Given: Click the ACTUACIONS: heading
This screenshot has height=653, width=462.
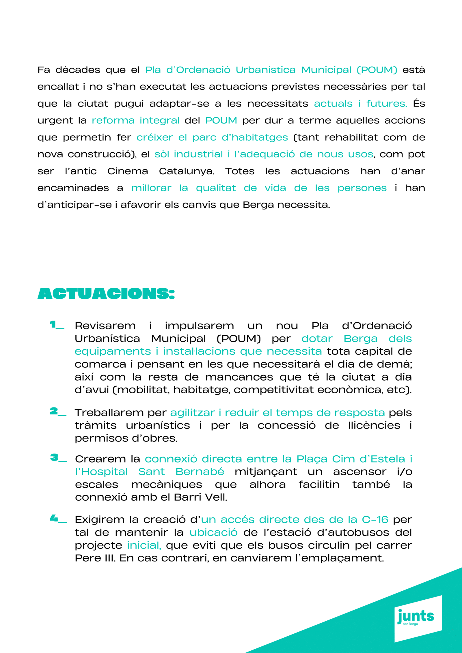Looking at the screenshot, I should pyautogui.click(x=106, y=293).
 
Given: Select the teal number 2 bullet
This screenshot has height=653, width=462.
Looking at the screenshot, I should pyautogui.click(x=54, y=411).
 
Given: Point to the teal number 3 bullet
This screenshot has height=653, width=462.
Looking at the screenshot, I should pyautogui.click(x=54, y=457).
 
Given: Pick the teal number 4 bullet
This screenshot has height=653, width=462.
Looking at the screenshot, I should pyautogui.click(x=54, y=518).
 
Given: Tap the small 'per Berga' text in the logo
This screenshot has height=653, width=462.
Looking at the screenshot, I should pyautogui.click(x=410, y=624).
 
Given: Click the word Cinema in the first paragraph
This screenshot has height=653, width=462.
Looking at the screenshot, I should pyautogui.click(x=128, y=171).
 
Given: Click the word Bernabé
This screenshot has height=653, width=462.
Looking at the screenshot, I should pyautogui.click(x=200, y=471).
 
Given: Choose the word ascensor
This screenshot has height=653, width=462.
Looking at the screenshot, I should pyautogui.click(x=359, y=471).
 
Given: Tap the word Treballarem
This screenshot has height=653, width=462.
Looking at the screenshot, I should pyautogui.click(x=109, y=413).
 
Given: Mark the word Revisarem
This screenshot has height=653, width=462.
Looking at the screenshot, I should pyautogui.click(x=105, y=326).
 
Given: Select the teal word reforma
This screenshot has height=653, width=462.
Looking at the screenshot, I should pyautogui.click(x=113, y=120).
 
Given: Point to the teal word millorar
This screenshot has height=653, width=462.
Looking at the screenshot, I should pyautogui.click(x=151, y=188).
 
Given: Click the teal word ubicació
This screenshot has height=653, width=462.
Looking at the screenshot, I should pyautogui.click(x=213, y=532).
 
